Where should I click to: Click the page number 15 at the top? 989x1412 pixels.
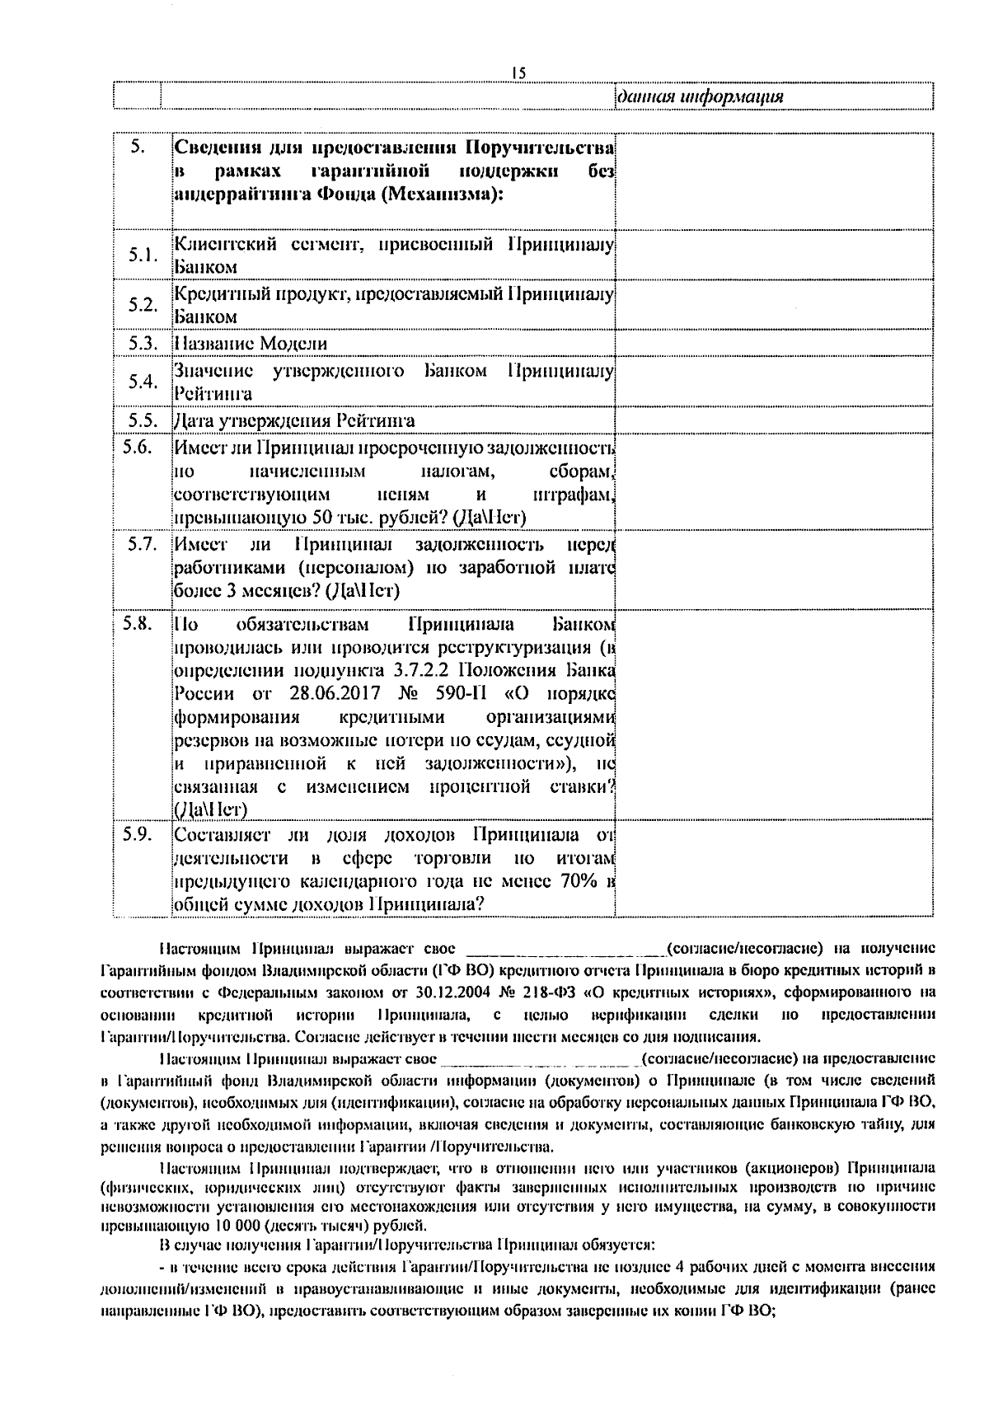click(518, 73)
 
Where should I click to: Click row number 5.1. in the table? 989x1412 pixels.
click(143, 255)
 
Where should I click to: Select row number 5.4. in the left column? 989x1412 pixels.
click(143, 382)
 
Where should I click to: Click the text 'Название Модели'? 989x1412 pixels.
click(250, 344)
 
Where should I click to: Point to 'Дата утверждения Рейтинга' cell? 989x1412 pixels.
click(293, 420)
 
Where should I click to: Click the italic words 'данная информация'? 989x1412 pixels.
click(700, 97)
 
